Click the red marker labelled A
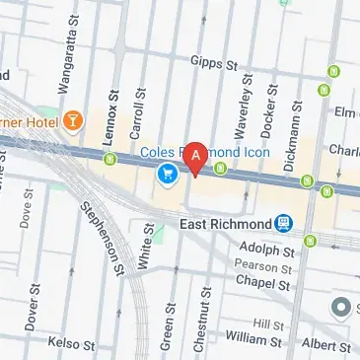click(196, 156)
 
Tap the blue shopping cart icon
click(167, 175)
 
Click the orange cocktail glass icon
click(74, 121)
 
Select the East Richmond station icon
click(284, 223)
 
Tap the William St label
click(247, 338)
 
